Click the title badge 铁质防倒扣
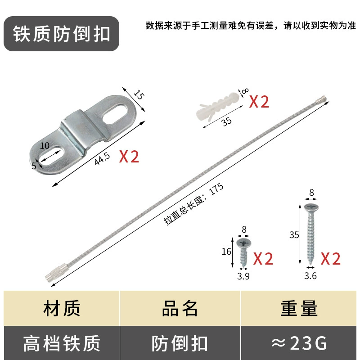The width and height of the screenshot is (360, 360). pos(61,34)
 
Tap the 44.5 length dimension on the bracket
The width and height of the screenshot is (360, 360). pos(102,158)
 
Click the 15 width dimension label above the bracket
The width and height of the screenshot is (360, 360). pos(139,94)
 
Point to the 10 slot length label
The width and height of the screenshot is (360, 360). pos(45,145)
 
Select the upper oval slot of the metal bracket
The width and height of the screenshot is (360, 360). pos(115,114)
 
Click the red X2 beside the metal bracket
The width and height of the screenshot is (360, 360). pos(129,157)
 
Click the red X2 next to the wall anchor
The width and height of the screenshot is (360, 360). pos(259,102)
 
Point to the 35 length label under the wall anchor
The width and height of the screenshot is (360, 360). pos(227,121)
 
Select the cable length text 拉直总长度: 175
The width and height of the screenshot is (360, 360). pos(193,204)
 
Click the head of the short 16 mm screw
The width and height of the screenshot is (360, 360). pos(244,243)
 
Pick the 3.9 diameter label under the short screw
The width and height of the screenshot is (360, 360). pos(243,276)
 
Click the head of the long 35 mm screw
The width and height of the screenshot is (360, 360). pos(311,208)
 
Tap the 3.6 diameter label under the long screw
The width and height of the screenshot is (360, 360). pos(310,276)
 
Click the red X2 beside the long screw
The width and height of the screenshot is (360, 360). pos(331,259)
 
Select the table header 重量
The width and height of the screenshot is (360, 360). pos(299,308)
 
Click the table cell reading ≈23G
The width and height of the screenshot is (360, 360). pos(299,343)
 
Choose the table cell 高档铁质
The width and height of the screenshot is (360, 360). pos(62,343)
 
